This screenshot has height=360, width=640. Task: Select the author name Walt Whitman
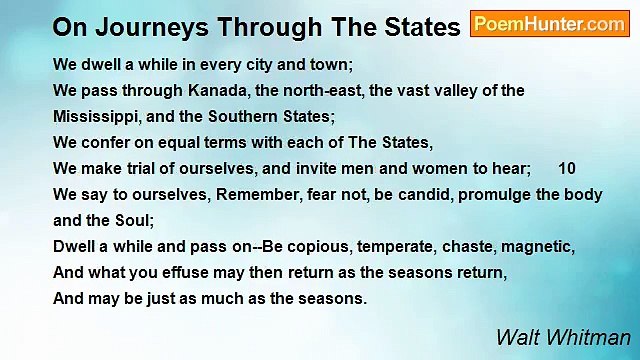563,337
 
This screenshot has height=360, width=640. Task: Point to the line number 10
567,168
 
